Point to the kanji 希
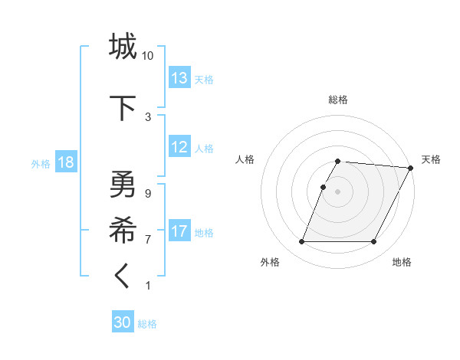(x=123, y=227)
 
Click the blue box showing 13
(x=179, y=78)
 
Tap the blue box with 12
(x=179, y=148)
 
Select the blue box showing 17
(x=179, y=231)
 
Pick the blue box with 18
(x=65, y=163)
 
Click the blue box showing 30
(x=123, y=322)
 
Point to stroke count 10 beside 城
(x=148, y=56)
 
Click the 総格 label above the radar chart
(x=338, y=100)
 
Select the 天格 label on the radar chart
(x=431, y=159)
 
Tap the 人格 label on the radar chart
(x=245, y=159)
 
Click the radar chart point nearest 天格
(x=411, y=168)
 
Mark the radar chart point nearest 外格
(x=301, y=242)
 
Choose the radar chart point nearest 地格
(x=374, y=242)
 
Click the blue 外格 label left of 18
(x=41, y=164)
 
